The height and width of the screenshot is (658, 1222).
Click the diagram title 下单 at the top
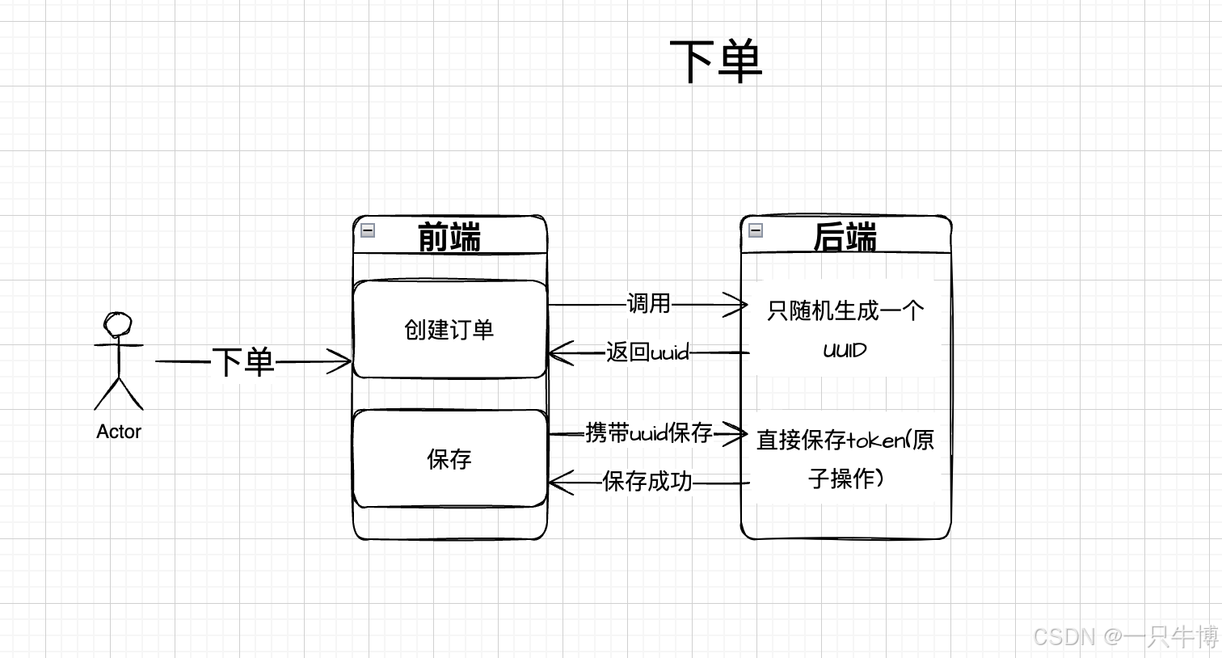click(716, 61)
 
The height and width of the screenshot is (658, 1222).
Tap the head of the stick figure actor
click(118, 325)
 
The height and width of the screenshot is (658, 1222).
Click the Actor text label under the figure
click(119, 432)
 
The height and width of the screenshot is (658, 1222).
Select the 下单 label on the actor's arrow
click(242, 361)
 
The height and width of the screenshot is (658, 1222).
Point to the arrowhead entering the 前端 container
click(343, 361)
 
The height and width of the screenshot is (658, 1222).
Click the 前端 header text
click(449, 237)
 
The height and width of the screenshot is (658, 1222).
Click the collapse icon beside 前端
click(368, 230)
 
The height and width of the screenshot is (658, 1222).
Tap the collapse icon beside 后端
click(756, 230)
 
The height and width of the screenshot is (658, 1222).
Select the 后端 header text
click(845, 237)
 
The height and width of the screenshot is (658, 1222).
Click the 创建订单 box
click(449, 329)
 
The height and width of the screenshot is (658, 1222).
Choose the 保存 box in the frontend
click(449, 458)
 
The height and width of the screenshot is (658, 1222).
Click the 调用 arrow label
click(649, 304)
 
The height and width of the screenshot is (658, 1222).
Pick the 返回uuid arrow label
click(647, 352)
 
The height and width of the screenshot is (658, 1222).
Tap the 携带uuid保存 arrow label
click(648, 433)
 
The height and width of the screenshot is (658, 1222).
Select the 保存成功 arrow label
click(647, 482)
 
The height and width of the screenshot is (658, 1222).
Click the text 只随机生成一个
click(845, 310)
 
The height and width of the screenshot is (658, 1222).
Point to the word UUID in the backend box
click(845, 350)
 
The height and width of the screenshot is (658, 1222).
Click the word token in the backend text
click(876, 441)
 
